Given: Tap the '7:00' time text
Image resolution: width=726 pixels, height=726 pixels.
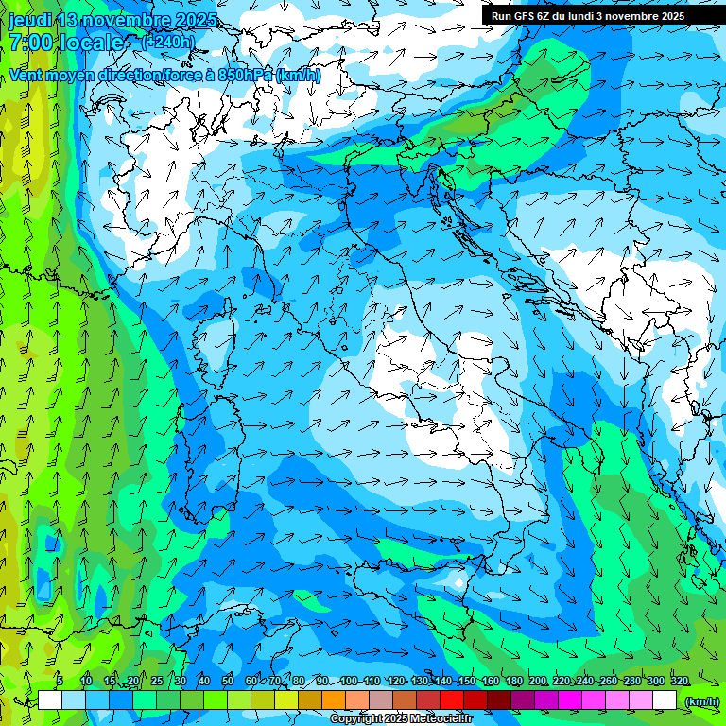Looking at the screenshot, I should (x=31, y=43).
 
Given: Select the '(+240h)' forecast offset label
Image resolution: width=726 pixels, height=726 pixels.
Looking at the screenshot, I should (x=169, y=42).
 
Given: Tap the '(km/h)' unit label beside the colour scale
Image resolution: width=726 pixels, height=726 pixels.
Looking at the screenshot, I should (x=701, y=701).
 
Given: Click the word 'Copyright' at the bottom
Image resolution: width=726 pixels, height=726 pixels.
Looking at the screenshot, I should (x=357, y=719).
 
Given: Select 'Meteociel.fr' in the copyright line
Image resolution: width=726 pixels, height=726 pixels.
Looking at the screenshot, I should (x=440, y=719).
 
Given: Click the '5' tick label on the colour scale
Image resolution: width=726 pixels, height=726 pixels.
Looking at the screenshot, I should (x=60, y=682).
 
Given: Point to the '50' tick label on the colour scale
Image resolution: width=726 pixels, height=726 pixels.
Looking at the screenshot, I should (x=228, y=682).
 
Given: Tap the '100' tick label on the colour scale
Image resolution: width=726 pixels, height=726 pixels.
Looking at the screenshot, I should (x=348, y=682).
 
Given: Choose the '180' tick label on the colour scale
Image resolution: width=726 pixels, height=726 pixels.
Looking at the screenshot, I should (x=513, y=682).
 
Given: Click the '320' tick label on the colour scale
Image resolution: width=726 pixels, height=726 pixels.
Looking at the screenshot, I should (x=679, y=682).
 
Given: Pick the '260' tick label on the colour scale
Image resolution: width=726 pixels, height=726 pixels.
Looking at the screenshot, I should (x=608, y=682).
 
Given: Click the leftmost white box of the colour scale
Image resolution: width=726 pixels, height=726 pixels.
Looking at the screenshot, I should (x=49, y=700).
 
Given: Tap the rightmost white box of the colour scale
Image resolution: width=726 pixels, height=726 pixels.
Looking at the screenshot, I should (x=665, y=700).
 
